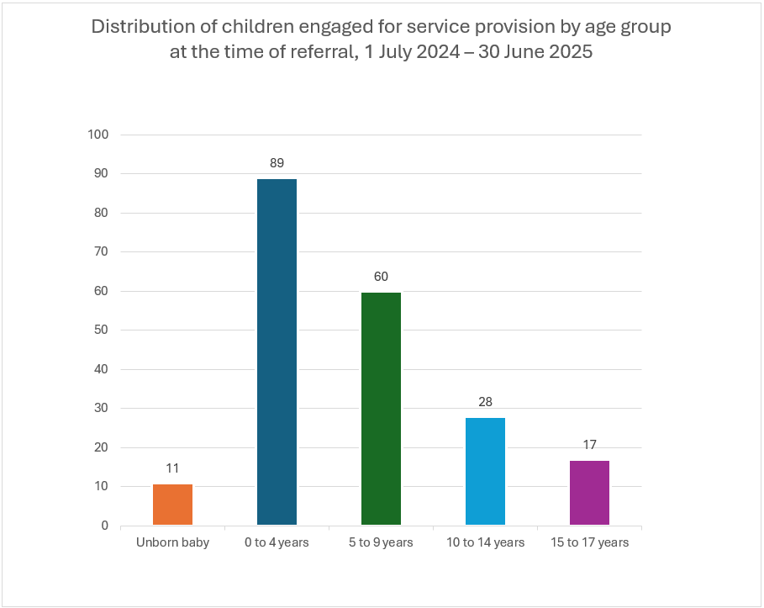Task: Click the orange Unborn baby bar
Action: pos(172,505)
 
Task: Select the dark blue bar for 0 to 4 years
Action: pos(277,353)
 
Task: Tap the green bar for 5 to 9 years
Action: pos(381,410)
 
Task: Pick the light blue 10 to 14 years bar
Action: pos(485,472)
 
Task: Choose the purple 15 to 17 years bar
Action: pos(589,493)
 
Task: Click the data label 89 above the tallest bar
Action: pos(277,162)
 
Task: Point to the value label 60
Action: pos(381,276)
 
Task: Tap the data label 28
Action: pos(485,401)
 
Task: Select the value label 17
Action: pos(589,444)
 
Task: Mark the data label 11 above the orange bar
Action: pos(172,468)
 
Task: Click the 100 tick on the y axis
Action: pos(98,135)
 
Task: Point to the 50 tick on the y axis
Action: pos(101,330)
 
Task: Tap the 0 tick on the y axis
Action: pos(104,526)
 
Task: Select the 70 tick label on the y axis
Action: pos(101,252)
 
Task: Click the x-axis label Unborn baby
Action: pos(172,542)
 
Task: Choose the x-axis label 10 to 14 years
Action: pos(485,542)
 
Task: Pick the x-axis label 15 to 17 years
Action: pos(589,542)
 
